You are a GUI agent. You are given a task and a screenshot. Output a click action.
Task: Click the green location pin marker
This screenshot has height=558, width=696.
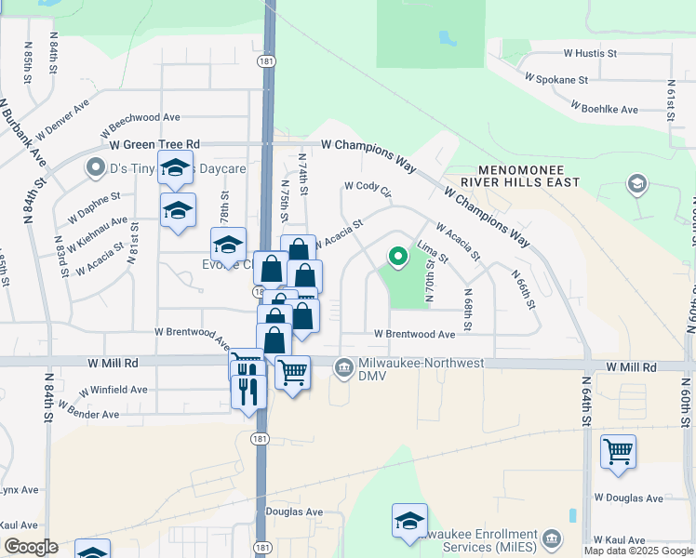(x=398, y=256)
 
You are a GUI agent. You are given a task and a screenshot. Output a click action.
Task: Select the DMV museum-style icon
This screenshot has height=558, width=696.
(x=344, y=369)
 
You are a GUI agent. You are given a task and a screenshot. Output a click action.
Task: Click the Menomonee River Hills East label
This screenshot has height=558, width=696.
(x=529, y=177)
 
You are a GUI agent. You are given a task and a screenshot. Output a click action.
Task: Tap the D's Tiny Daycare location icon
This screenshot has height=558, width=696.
(x=95, y=168)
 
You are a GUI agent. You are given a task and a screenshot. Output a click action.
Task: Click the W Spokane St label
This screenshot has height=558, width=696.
(x=555, y=80)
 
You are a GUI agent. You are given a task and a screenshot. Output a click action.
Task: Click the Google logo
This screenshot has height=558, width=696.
(x=31, y=547)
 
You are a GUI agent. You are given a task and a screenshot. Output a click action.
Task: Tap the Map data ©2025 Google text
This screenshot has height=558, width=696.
(x=638, y=551)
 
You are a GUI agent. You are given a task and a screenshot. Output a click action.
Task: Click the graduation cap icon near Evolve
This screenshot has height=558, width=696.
(x=228, y=245)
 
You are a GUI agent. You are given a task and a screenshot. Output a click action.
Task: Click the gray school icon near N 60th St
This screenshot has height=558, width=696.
(x=637, y=183)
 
